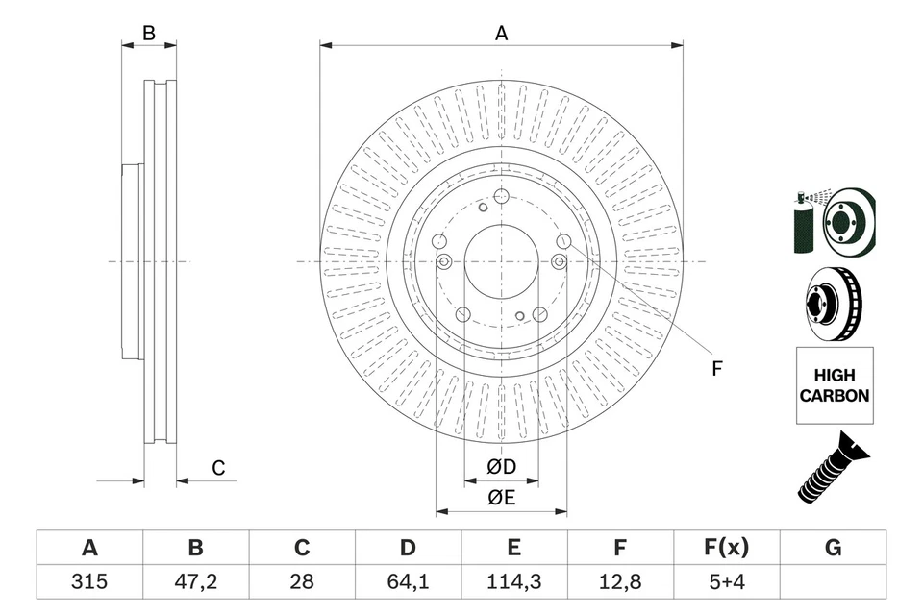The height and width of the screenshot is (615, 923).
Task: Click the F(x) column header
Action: point(726,548)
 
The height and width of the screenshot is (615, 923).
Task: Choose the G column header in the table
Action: point(833,548)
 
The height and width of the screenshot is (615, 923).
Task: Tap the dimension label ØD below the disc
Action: point(501,467)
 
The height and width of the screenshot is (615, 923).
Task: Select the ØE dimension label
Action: point(501,497)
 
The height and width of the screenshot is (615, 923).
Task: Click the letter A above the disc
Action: point(501,34)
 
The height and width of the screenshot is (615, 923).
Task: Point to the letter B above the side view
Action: point(149,34)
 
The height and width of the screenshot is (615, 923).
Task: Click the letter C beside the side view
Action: point(218,468)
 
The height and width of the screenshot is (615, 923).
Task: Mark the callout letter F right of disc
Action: point(716,368)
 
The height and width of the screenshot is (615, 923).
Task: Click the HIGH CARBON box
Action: point(835,385)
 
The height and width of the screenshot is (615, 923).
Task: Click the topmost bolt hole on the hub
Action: point(501,198)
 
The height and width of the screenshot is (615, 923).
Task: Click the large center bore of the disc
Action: point(501,261)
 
